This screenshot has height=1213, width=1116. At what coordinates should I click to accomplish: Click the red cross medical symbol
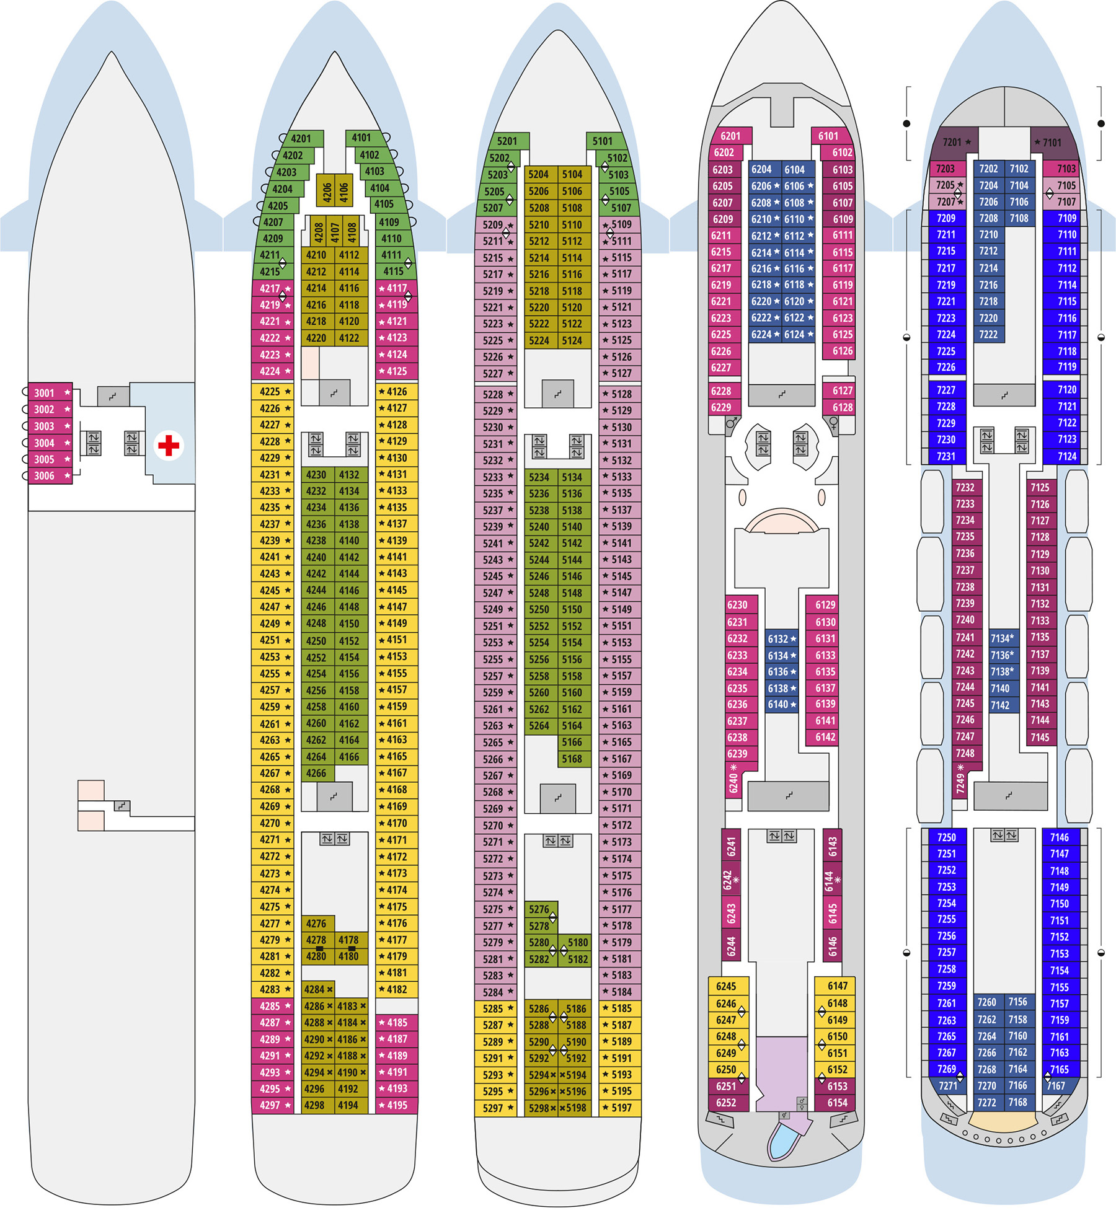pos(169,445)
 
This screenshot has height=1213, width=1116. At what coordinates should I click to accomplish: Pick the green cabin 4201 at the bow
pos(303,138)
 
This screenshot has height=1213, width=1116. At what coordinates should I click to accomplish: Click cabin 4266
pos(317,774)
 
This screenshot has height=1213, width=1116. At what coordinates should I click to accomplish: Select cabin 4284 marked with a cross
pos(318,989)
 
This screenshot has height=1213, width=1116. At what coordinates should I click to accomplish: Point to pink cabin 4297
pos(273,1105)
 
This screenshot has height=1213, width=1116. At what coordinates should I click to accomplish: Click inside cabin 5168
pos(575,759)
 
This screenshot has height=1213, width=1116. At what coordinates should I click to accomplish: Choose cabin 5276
pos(541,909)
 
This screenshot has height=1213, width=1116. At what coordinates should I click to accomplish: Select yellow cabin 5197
pos(620,1108)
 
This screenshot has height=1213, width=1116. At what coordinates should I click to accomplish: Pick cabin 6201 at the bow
pos(731,136)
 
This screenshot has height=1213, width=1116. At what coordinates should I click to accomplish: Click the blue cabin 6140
pos(781,704)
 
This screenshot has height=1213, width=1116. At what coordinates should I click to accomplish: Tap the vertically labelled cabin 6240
pos(734,780)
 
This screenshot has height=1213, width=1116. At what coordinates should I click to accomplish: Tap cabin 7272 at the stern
pos(988,1103)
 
